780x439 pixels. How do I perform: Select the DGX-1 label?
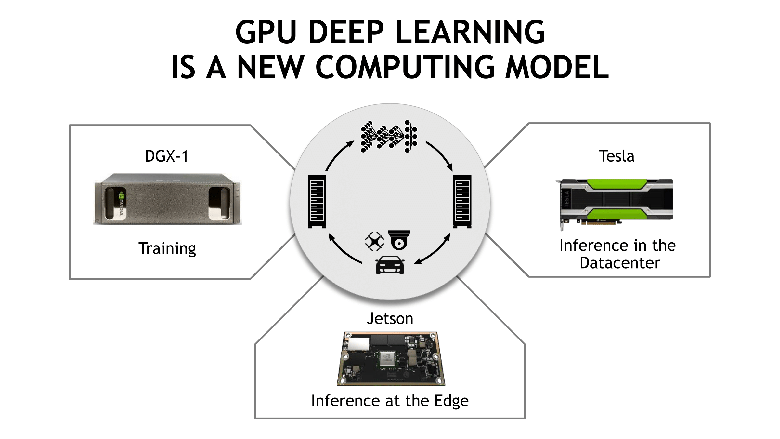[x=167, y=156]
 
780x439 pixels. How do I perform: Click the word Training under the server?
[x=167, y=249]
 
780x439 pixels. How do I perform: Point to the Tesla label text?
[x=617, y=156]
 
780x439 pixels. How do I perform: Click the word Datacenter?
[x=620, y=263]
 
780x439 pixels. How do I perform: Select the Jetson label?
[x=390, y=318]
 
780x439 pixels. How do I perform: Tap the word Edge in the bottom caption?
[x=451, y=401]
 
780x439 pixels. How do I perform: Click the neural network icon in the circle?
[x=389, y=136]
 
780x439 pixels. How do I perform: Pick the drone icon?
[x=374, y=241]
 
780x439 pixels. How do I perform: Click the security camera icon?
[x=399, y=240]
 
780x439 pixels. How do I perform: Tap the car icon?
[x=390, y=265]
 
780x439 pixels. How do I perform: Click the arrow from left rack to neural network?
[x=338, y=154]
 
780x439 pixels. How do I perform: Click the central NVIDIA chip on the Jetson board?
[x=387, y=359]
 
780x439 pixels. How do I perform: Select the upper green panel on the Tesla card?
[x=617, y=184]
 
